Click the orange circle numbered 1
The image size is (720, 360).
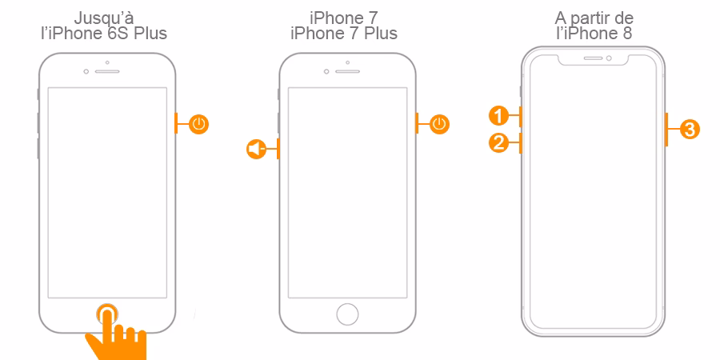click(x=498, y=115)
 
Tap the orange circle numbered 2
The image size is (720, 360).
click(x=498, y=143)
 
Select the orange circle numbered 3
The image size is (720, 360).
click(x=690, y=129)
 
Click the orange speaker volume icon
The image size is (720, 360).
click(x=256, y=149)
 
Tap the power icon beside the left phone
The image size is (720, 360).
click(x=198, y=124)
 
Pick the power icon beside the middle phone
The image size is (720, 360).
click(x=439, y=124)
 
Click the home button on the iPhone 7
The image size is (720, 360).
click(x=348, y=314)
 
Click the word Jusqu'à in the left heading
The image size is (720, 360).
click(x=104, y=19)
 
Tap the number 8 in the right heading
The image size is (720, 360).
click(x=627, y=33)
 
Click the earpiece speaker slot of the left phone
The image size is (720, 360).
click(x=107, y=72)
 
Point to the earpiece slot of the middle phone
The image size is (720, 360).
click(x=348, y=72)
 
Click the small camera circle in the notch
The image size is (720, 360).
click(x=609, y=58)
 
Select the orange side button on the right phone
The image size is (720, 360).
click(x=666, y=129)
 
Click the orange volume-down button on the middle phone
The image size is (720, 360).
click(x=278, y=149)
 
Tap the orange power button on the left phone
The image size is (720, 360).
click(x=176, y=124)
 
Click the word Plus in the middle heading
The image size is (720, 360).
click(x=380, y=33)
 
